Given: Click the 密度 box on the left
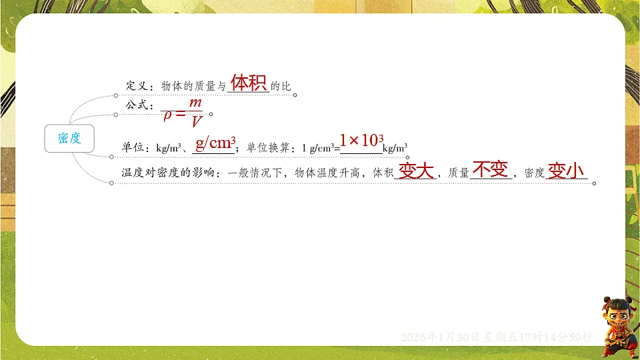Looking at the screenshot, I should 69,139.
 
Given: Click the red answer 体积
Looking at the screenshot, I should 248,83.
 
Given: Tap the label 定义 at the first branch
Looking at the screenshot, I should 136,86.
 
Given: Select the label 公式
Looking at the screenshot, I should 135,105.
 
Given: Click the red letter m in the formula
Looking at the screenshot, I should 195,103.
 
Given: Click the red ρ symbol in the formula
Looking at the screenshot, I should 168,114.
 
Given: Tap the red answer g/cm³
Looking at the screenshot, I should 215,143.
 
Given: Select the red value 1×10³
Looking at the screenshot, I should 361,141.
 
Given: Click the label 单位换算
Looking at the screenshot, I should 267,147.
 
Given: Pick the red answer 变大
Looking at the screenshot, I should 415,171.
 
